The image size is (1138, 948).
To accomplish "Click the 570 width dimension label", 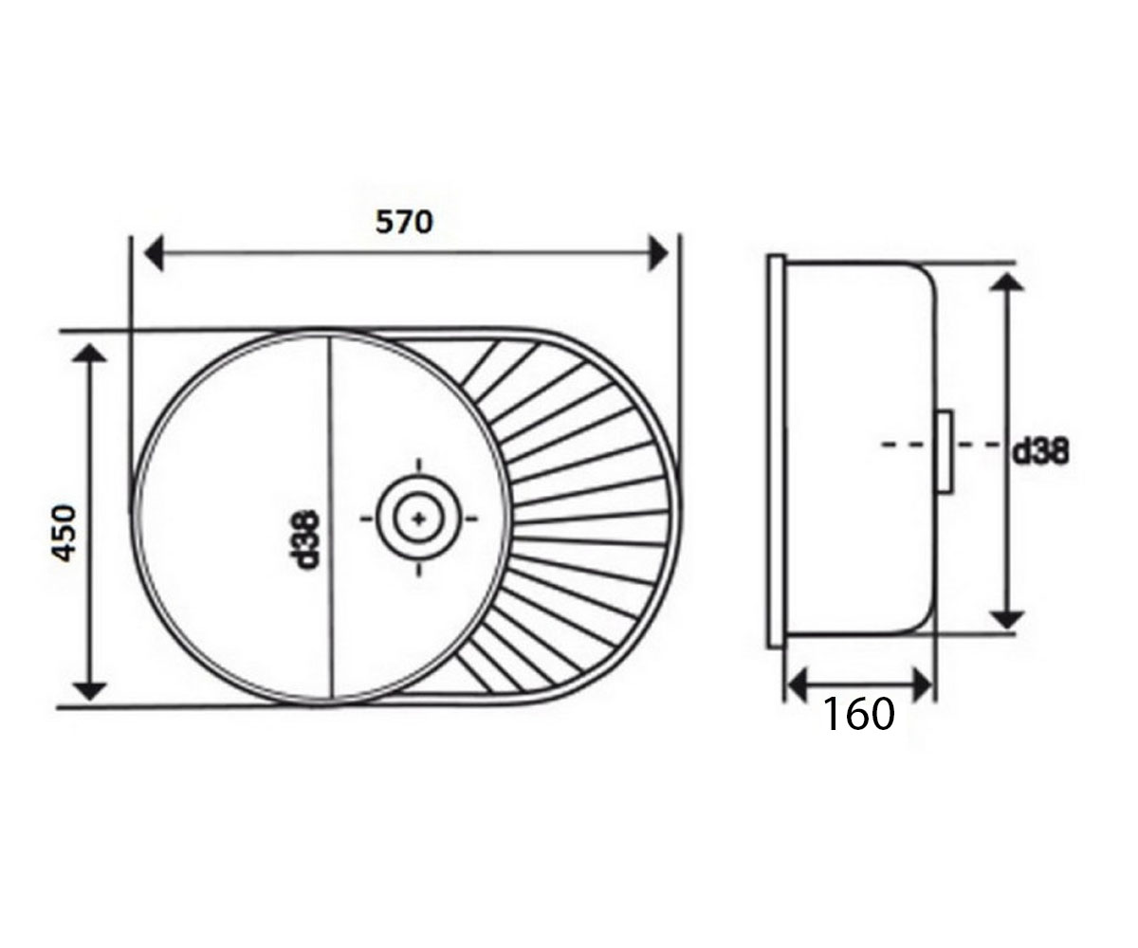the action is [x=404, y=222].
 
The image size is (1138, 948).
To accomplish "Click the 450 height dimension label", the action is [x=64, y=534].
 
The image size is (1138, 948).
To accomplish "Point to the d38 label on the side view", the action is [x=1041, y=451].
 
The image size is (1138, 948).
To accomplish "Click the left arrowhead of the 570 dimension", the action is [x=155, y=253].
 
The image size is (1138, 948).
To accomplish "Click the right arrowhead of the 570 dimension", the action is [x=658, y=253].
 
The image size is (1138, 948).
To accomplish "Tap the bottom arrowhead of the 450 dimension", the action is [x=89, y=691].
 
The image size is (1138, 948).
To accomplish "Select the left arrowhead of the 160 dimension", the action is [x=798, y=686].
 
